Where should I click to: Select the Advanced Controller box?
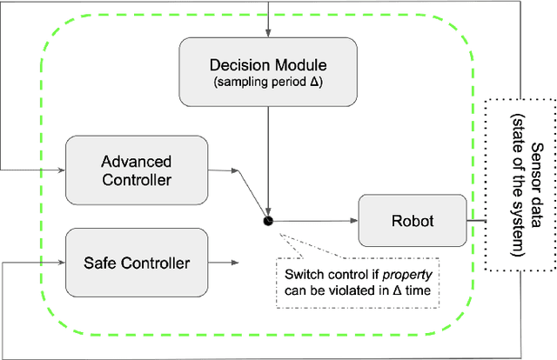coord(137,170)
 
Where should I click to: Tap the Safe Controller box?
coord(137,262)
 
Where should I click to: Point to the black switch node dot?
coord(269,221)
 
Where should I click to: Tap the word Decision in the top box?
coord(237,65)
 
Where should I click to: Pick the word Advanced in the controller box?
coord(137,162)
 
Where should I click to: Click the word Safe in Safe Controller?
coord(102,262)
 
